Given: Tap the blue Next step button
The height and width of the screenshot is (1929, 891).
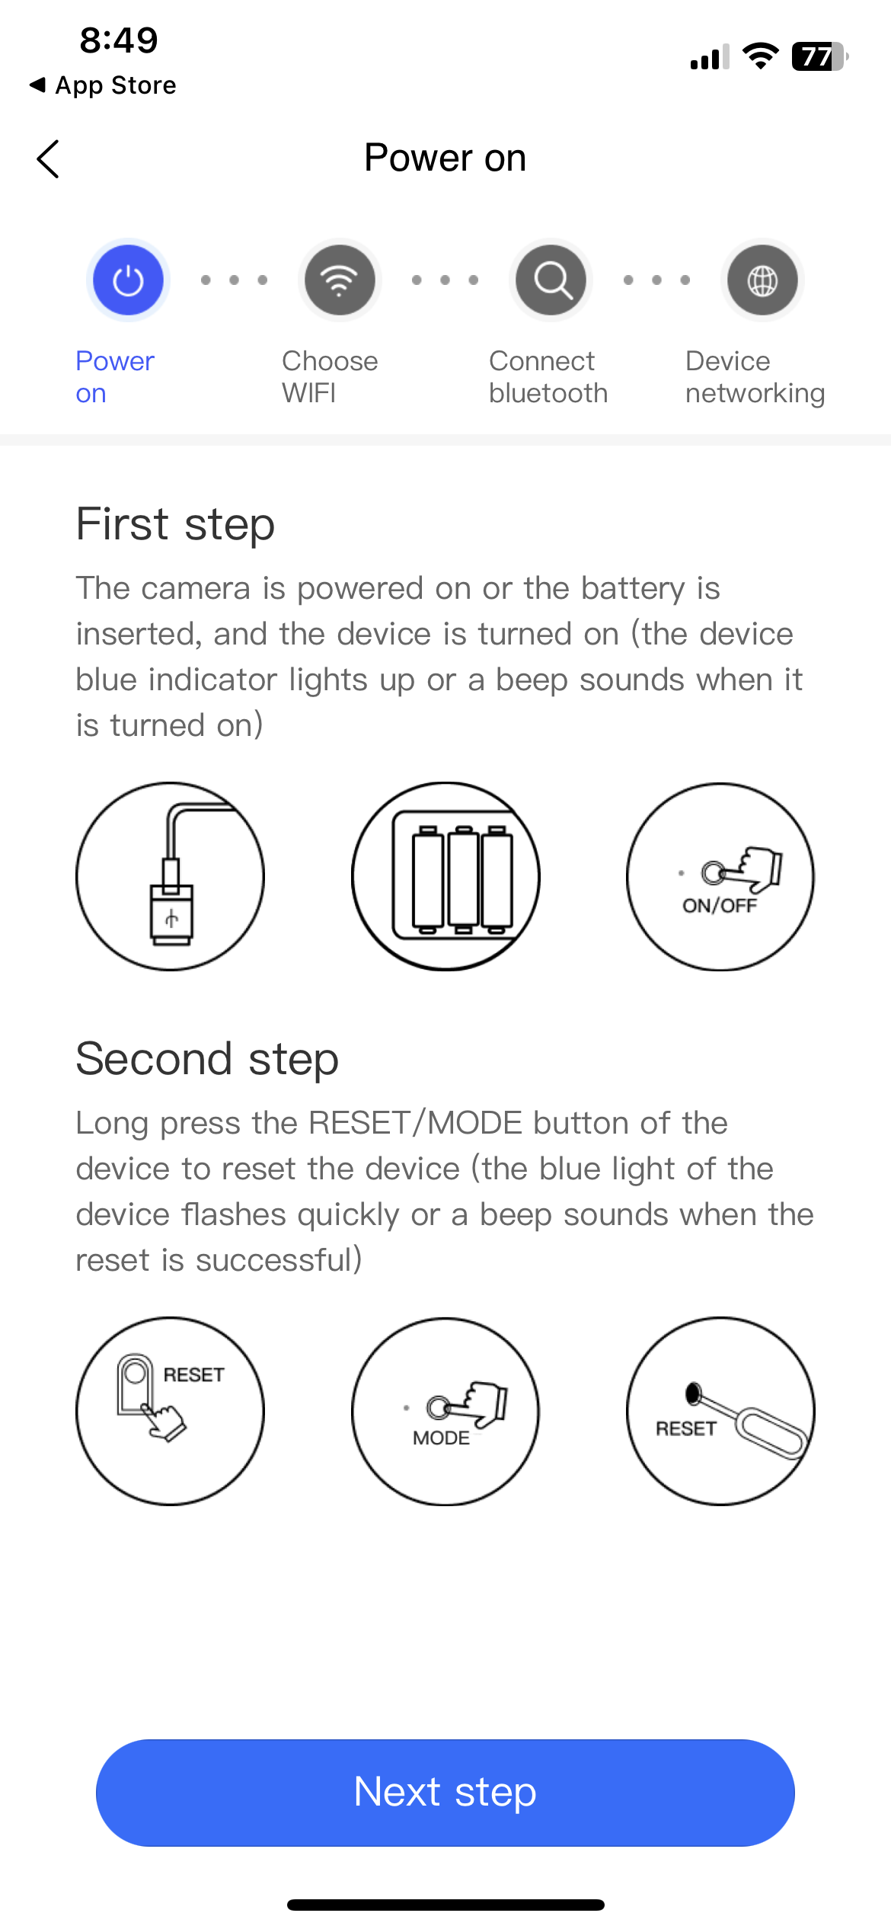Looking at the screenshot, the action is tap(445, 1792).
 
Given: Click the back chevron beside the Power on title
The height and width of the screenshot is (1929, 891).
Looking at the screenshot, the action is tap(48, 159).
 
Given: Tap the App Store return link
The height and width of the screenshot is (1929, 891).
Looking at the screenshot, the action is tap(103, 85).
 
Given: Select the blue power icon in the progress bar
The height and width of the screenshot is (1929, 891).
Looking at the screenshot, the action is tap(128, 280).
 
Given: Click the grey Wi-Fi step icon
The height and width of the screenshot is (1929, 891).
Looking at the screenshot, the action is tap(340, 280).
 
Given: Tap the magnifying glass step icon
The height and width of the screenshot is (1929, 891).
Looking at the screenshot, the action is tap(551, 280).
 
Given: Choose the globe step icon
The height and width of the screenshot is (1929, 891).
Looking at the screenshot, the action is tap(762, 280).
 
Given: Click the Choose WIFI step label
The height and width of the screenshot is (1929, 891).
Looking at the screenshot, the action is tap(330, 377).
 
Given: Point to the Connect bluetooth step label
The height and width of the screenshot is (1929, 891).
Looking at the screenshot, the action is tap(548, 377).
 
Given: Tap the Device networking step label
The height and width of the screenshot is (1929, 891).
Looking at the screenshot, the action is tap(755, 377).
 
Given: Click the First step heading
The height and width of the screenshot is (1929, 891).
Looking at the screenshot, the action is tap(175, 525).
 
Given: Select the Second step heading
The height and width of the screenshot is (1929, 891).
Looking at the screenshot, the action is tap(207, 1060).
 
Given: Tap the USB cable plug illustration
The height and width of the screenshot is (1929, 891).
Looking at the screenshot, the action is tap(171, 876).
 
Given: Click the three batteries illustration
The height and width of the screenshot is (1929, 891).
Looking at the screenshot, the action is tap(445, 876).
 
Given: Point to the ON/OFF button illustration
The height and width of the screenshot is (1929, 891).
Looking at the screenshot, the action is tap(720, 876).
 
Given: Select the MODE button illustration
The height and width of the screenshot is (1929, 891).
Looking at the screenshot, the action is tap(445, 1411).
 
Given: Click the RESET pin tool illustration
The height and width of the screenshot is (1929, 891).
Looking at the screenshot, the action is tap(720, 1411).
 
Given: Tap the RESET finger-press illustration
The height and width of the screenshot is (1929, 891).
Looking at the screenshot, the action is tap(171, 1411).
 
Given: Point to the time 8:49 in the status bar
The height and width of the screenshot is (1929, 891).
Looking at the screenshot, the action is tap(119, 40).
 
